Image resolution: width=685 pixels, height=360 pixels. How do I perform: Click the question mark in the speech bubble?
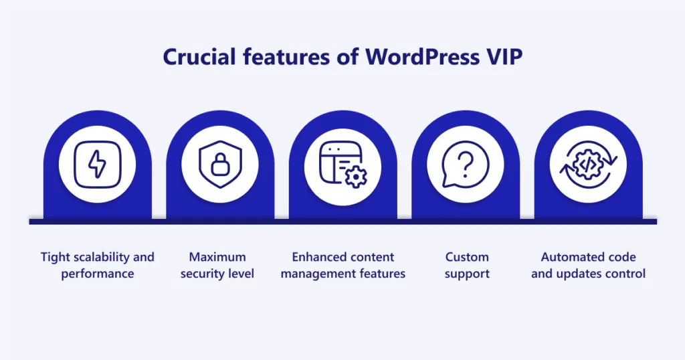pyautogui.click(x=467, y=163)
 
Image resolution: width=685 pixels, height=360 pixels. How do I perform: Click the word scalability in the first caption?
pyautogui.click(x=99, y=257)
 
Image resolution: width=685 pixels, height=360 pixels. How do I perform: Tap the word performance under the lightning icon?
pyautogui.click(x=97, y=274)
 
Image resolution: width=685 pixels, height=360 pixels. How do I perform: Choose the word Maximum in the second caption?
pyautogui.click(x=217, y=257)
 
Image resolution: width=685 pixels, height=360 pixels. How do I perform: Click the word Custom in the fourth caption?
pyautogui.click(x=467, y=257)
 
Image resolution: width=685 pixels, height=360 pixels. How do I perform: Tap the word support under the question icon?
pyautogui.click(x=467, y=274)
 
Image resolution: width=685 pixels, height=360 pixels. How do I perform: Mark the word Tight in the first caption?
pyautogui.click(x=54, y=257)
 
